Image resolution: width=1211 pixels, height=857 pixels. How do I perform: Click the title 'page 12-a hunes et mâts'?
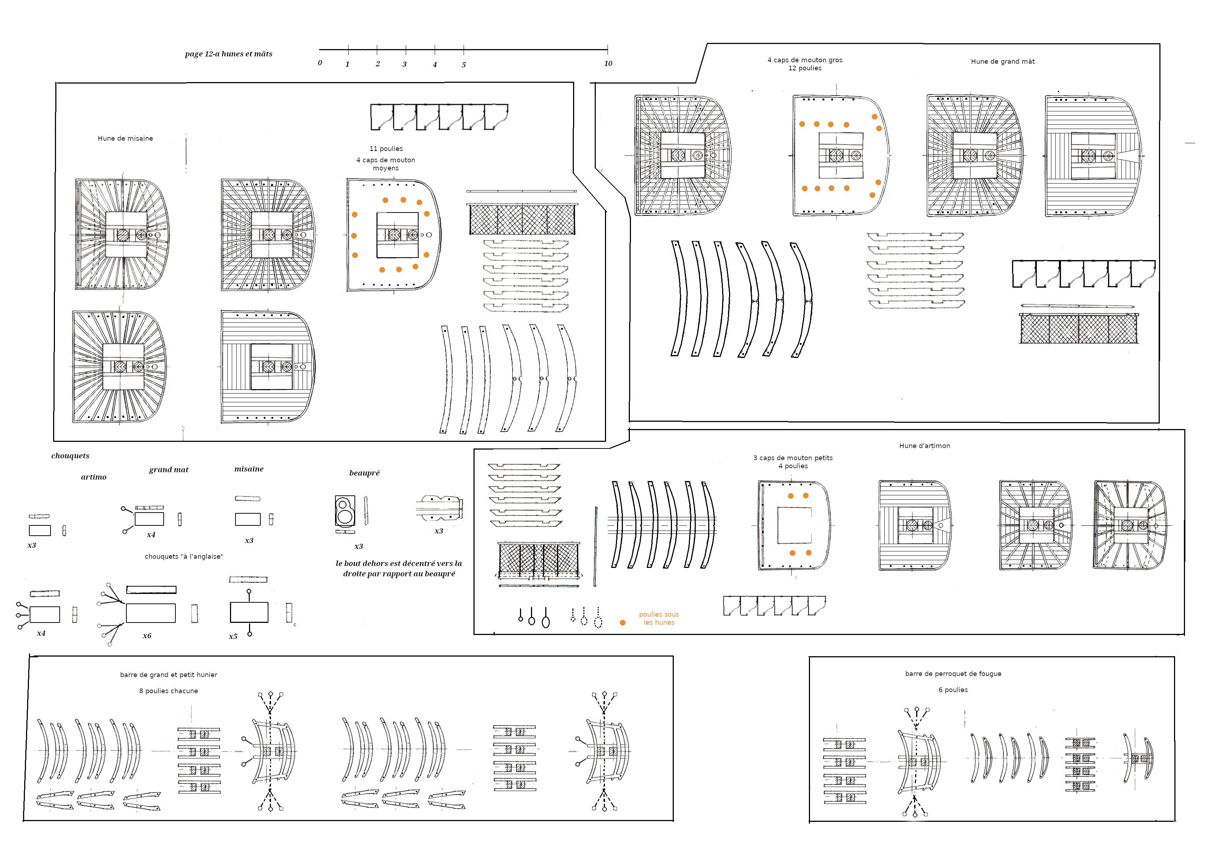(x=229, y=54)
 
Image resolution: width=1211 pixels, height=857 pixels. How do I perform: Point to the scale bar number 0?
(x=320, y=63)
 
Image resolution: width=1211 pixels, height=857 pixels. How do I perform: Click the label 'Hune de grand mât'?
(x=1002, y=61)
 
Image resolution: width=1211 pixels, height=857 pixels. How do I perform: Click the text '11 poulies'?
(x=386, y=149)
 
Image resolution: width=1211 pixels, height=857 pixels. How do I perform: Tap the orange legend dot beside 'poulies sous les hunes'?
(x=623, y=623)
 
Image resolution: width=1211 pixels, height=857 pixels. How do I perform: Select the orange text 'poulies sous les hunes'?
(x=659, y=618)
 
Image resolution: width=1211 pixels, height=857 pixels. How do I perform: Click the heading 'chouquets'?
(x=70, y=456)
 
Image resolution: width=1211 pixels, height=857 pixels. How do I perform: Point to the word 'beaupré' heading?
(x=364, y=473)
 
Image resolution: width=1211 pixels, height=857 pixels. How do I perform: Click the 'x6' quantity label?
(x=147, y=636)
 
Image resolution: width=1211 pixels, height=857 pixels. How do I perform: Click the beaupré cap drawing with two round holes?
(x=345, y=511)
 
